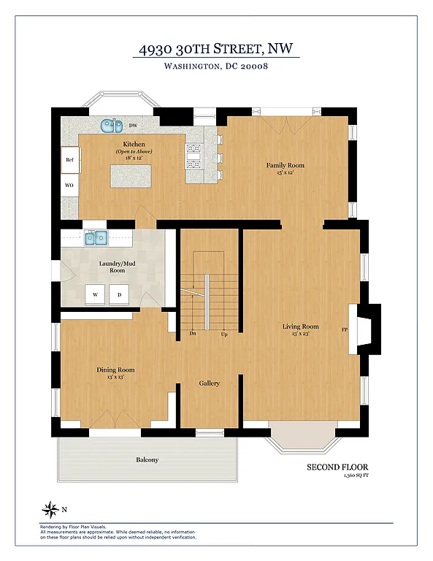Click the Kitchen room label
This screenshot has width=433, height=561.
(134, 145)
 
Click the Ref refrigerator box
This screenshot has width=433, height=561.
(70, 159)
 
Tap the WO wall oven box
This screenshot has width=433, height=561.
(70, 186)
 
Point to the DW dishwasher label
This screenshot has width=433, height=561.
(133, 126)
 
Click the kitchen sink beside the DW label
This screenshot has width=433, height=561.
(111, 126)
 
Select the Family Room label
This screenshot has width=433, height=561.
(285, 166)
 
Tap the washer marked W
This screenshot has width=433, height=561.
(94, 294)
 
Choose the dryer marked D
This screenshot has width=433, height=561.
(119, 294)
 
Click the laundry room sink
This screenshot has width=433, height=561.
(96, 237)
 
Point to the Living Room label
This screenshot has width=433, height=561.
(301, 326)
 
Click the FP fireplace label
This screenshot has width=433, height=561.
(345, 330)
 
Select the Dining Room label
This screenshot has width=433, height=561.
(115, 370)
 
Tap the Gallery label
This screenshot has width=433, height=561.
(210, 383)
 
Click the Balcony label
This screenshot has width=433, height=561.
(146, 459)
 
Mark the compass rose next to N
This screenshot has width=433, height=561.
(51, 508)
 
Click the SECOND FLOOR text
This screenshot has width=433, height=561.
(337, 467)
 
